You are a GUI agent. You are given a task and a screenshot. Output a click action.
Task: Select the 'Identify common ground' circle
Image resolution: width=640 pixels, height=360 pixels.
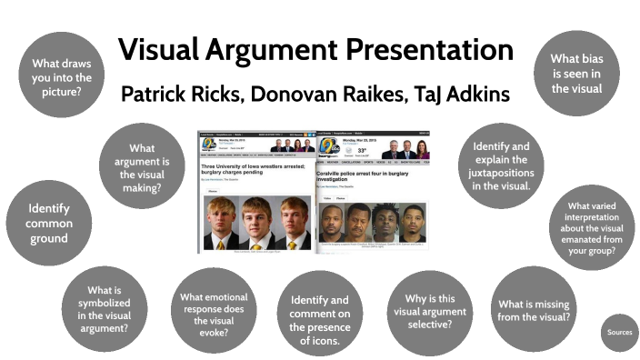click(47, 223)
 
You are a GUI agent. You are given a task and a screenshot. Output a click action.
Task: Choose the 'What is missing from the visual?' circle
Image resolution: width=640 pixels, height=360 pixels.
click(534, 310)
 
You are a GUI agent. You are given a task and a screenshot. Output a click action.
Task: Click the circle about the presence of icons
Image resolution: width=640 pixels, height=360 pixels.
click(319, 320)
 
